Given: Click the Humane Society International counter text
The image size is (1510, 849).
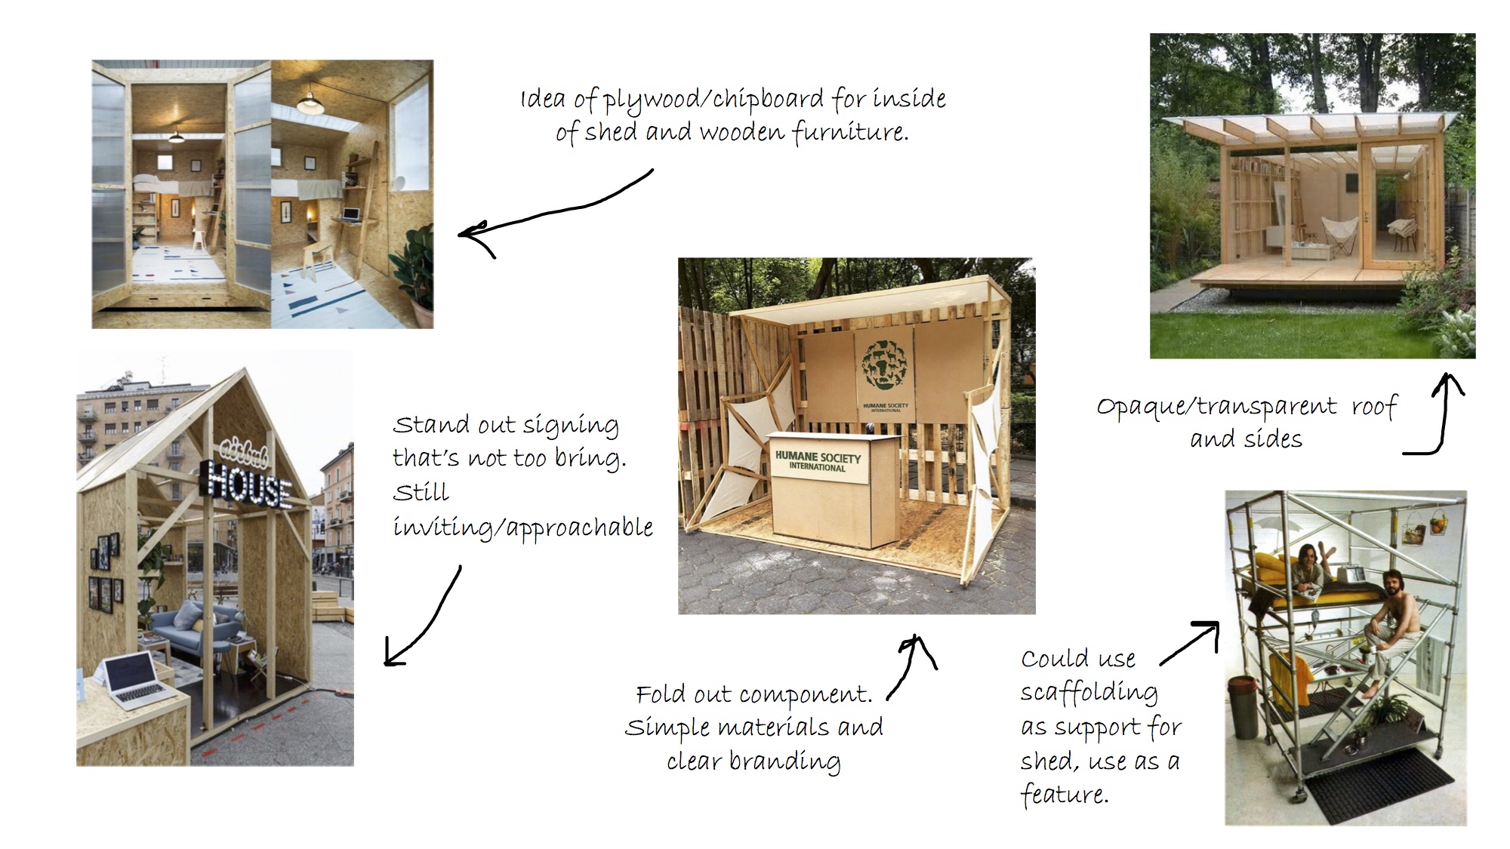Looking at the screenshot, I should (x=818, y=461).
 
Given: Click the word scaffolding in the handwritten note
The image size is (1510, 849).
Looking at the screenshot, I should (x=1089, y=693).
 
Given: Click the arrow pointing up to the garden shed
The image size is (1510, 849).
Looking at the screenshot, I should (x=1438, y=414).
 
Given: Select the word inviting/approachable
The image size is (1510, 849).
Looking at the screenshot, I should (x=522, y=528).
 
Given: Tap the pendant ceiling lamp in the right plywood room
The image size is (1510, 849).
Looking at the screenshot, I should (x=311, y=102).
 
